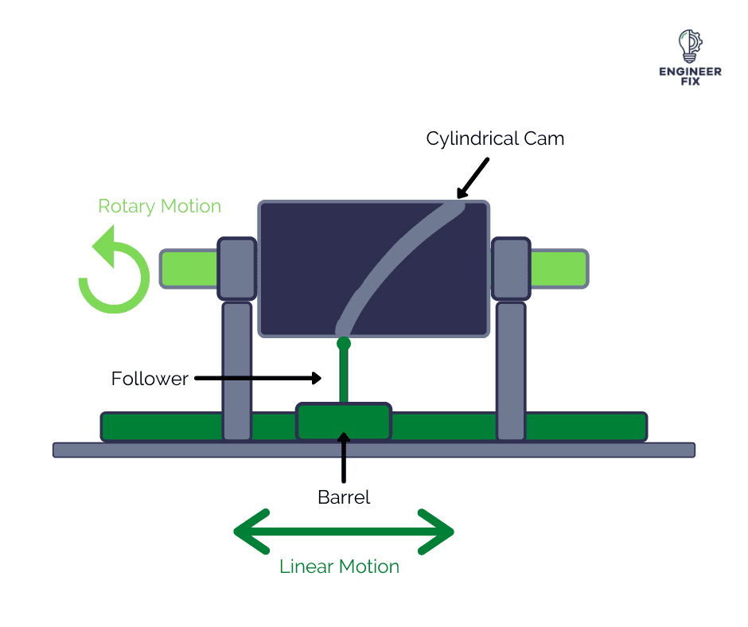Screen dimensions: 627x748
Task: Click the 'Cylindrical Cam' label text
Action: (495, 138)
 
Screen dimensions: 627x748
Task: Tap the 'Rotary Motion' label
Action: (159, 207)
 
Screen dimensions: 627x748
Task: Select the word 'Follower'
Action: (150, 379)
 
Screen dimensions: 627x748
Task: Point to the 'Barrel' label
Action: (344, 498)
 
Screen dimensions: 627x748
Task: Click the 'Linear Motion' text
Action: (339, 567)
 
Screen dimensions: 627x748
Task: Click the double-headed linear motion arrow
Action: (344, 532)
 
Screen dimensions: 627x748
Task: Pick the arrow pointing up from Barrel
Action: (344, 458)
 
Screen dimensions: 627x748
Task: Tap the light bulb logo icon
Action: (689, 46)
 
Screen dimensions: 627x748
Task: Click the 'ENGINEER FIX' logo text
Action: (690, 76)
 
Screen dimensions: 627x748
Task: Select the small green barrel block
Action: (344, 423)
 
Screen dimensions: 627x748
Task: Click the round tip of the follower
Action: (344, 345)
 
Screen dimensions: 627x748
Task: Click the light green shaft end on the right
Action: (559, 268)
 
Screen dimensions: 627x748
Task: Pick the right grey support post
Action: (511, 370)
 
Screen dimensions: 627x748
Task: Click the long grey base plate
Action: (374, 450)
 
